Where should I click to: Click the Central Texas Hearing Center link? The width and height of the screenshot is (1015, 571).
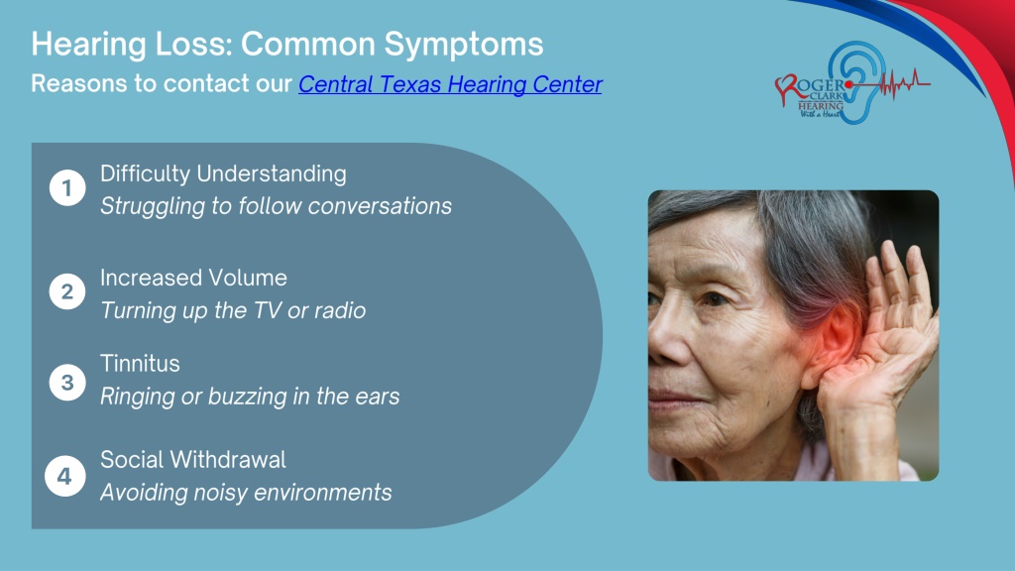tap(450, 84)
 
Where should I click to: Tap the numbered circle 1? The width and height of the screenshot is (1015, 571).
tap(67, 187)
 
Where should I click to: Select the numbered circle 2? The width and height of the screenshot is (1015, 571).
tap(67, 291)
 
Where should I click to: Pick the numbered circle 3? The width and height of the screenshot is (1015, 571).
tap(67, 382)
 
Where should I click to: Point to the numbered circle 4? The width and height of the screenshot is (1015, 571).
tap(64, 477)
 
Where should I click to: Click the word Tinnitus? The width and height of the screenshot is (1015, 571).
tap(140, 363)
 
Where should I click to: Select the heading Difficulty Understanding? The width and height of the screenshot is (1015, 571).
tap(223, 174)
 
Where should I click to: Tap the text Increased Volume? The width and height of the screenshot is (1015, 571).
tap(193, 278)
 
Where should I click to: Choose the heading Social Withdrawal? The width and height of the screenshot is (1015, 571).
tap(193, 460)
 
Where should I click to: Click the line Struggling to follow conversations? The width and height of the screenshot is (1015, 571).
tap(276, 206)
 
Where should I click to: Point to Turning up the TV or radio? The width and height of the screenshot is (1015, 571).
tap(233, 310)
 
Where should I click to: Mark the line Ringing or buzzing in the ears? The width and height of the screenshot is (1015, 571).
tap(250, 397)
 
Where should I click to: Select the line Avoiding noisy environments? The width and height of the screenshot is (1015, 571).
tap(246, 493)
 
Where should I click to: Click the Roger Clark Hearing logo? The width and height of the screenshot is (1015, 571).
tap(851, 83)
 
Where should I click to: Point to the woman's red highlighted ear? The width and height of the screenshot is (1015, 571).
tap(835, 343)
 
